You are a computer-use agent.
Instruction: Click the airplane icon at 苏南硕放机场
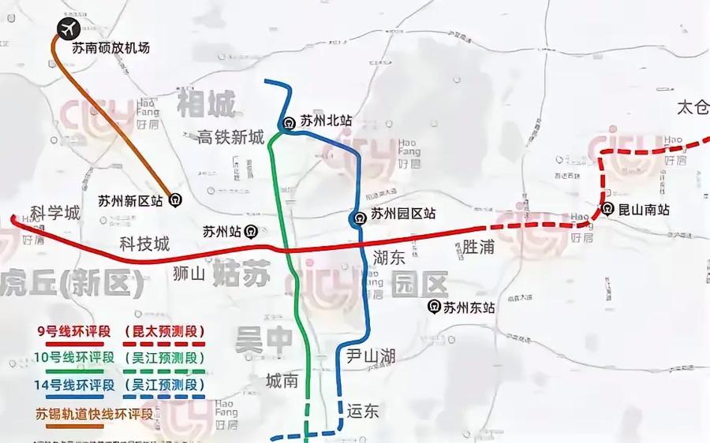[x=65, y=28]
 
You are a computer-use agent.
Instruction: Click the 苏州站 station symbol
[x=250, y=232]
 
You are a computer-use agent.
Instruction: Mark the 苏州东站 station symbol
[x=433, y=307]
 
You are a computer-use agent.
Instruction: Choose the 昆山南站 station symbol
[x=607, y=210]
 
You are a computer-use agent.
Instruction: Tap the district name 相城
[x=207, y=102]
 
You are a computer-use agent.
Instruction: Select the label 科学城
[x=55, y=213]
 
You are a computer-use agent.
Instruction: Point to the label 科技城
[x=144, y=244]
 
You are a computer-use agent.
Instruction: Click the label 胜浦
[x=478, y=248]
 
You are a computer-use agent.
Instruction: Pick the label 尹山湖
[x=371, y=356]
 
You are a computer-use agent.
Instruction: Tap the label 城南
[x=282, y=382]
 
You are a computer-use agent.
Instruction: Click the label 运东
[x=363, y=410]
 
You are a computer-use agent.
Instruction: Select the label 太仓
[x=693, y=108]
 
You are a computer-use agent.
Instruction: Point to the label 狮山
[x=188, y=274]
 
